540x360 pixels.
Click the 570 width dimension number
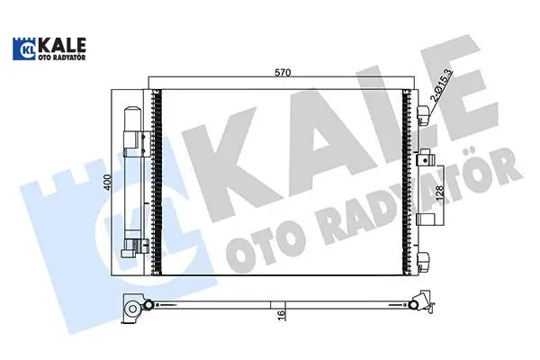point(283,73)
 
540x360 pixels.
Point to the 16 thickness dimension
point(281,314)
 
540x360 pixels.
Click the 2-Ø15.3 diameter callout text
point(442,85)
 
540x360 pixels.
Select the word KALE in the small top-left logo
point(63,45)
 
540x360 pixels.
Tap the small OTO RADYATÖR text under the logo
point(63,58)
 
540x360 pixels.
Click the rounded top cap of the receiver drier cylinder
point(133,113)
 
